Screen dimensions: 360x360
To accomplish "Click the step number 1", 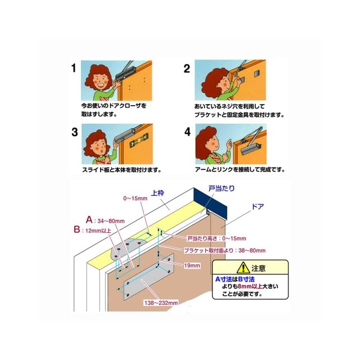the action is [74, 68].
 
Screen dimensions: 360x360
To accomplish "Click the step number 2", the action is [187, 69].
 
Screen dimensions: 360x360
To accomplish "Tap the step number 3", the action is [75, 132].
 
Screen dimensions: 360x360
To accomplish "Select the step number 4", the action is [187, 132].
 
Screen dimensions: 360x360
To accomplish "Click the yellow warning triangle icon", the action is [243, 268].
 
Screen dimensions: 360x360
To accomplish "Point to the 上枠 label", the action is [157, 193].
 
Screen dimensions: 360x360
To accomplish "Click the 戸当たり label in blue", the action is [222, 188].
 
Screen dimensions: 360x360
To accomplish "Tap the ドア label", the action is [258, 206].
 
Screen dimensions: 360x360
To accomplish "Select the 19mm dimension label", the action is [192, 265].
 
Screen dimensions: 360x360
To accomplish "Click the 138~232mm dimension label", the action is [161, 303].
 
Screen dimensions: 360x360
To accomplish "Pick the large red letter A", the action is [89, 220].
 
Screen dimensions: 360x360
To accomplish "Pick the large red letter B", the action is [77, 229].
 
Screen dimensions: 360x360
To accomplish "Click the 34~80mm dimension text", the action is [111, 221].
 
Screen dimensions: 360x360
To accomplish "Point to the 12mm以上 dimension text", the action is [98, 231].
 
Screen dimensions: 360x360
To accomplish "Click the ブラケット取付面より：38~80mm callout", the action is [225, 250].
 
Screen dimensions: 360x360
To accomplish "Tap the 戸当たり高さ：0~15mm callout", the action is [217, 238].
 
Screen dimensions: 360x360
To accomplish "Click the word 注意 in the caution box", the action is [259, 268].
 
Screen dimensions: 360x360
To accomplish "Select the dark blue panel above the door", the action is [210, 204].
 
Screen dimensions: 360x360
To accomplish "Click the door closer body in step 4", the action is [251, 148].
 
